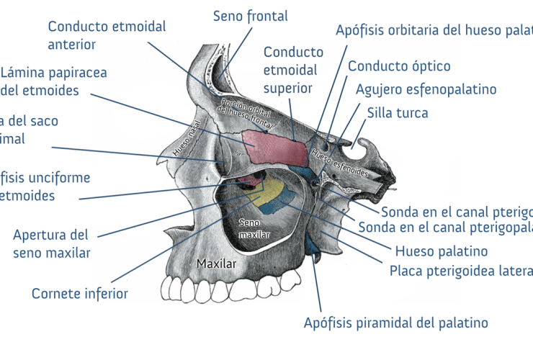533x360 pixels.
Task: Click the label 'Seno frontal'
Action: tap(250, 16)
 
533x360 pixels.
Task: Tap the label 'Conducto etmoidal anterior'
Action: tap(107, 35)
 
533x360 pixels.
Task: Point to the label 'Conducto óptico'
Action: tap(399, 66)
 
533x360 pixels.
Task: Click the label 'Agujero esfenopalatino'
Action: tap(426, 89)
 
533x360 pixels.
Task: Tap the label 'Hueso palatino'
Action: tap(442, 251)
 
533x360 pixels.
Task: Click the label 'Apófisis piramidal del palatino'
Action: tap(396, 323)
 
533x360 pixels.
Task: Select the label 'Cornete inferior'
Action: tap(80, 294)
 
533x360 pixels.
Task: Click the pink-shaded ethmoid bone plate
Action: tap(276, 148)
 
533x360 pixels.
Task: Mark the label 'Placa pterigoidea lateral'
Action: tap(461, 271)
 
